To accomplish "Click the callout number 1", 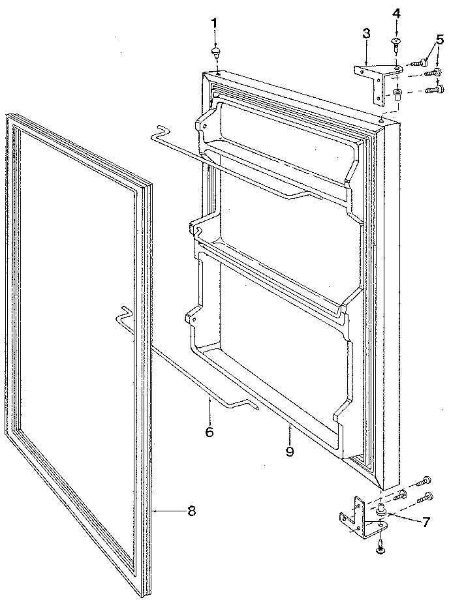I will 214,23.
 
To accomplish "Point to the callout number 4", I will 397,13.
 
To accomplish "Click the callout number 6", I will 209,431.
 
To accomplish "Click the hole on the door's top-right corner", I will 380,119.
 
